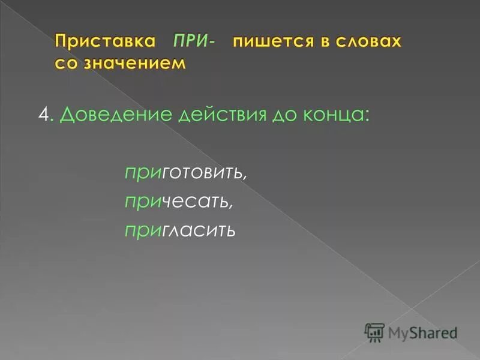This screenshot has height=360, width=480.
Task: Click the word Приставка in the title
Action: [106, 42]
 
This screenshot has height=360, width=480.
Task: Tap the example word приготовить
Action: [186, 173]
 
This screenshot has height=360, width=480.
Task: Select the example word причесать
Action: [178, 202]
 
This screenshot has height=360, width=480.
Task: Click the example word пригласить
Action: [179, 230]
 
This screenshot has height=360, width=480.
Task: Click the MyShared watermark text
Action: [422, 331]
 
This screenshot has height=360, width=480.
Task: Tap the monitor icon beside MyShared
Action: [375, 331]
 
